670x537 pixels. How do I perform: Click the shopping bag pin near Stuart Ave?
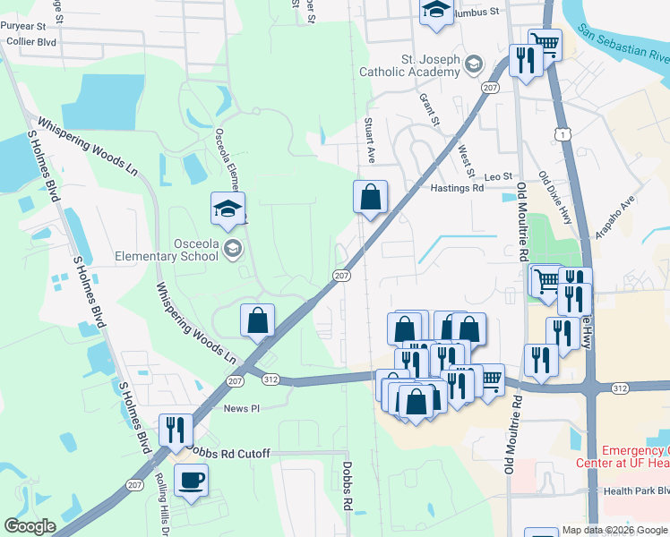click(x=370, y=197)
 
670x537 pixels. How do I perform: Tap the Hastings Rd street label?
click(x=457, y=188)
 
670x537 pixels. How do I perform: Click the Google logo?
click(x=30, y=526)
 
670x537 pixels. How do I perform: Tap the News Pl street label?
click(x=241, y=408)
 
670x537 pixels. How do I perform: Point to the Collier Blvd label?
click(x=30, y=41)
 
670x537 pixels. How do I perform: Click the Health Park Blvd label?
click(x=636, y=491)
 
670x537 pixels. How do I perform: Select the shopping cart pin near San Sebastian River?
click(x=545, y=43)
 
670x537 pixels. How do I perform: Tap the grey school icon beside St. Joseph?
click(x=474, y=64)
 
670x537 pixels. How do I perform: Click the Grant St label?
click(x=431, y=108)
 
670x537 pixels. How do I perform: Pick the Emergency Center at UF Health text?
click(x=635, y=456)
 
